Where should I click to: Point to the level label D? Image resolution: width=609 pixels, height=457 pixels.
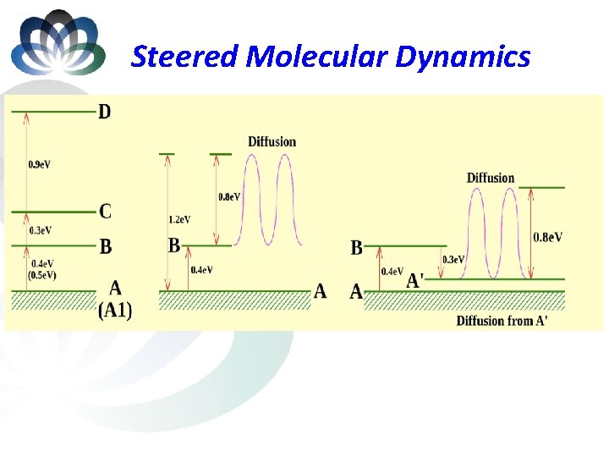104,112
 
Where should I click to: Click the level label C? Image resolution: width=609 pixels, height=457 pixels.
104,211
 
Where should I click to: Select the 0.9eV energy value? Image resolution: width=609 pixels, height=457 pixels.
39,164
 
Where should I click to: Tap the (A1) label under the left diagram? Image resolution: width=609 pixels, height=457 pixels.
115,311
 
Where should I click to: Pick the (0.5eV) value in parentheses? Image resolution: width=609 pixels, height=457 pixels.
41,275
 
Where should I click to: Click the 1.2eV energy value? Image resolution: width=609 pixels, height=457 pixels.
179,219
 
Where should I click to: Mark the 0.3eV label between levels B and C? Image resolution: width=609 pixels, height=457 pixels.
40,230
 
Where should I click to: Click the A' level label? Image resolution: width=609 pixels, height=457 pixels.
416,280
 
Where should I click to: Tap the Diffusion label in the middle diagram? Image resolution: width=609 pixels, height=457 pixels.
272,141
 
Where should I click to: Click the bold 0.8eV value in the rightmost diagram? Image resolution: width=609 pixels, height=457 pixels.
547,238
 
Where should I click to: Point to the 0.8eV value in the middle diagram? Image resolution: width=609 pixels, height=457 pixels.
229,196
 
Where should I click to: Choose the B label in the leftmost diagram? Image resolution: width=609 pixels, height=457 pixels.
105,247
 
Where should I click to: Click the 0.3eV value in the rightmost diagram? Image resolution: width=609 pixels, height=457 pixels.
453,260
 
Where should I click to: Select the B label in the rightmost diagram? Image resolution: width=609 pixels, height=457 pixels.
356,248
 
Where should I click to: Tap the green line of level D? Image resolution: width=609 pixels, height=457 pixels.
59,111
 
